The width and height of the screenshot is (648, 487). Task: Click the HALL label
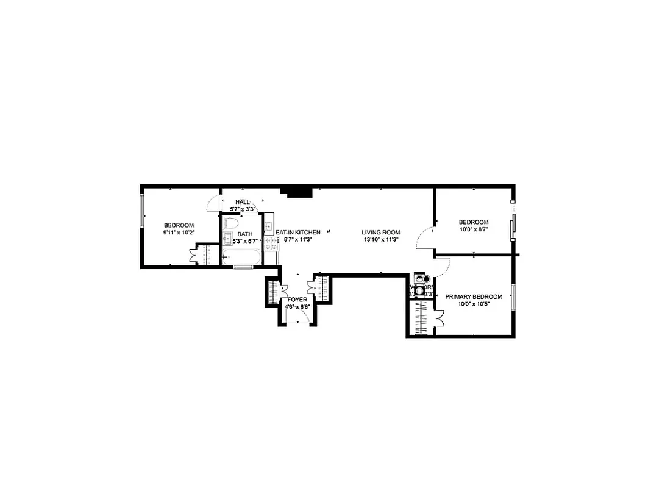pyautogui.click(x=243, y=202)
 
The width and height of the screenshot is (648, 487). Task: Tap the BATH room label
pyautogui.click(x=245, y=234)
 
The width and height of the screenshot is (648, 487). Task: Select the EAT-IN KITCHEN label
pyautogui.click(x=298, y=233)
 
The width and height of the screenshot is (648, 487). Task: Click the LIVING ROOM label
pyautogui.click(x=380, y=233)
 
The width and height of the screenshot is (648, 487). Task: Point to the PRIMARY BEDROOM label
pyautogui.click(x=474, y=297)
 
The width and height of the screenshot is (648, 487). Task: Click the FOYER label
pyautogui.click(x=297, y=300)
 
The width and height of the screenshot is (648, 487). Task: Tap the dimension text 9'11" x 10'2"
pyautogui.click(x=179, y=233)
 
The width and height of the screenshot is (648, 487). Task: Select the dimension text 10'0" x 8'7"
pyautogui.click(x=474, y=229)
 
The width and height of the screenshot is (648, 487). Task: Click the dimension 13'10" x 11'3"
pyautogui.click(x=380, y=240)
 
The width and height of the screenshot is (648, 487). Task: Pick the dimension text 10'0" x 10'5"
pyautogui.click(x=474, y=304)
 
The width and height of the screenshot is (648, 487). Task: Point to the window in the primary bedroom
pyautogui.click(x=513, y=297)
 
